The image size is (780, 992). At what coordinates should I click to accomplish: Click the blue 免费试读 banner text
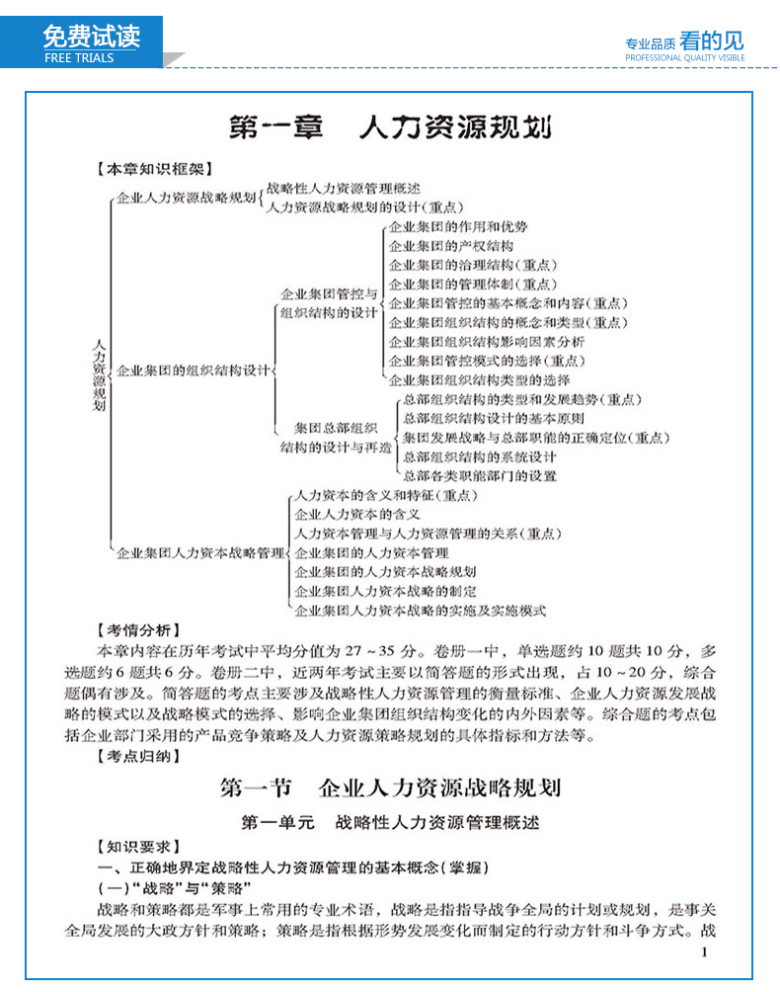[x=92, y=36]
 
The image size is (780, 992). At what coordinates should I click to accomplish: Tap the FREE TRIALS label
[x=79, y=58]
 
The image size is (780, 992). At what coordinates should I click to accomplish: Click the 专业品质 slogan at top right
[x=650, y=43]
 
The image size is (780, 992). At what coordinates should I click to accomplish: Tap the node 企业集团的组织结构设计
[x=194, y=371]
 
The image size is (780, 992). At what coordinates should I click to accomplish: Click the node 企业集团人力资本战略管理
[x=200, y=552]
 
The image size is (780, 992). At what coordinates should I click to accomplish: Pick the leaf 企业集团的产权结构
[x=451, y=245]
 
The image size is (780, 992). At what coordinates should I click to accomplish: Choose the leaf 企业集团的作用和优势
[x=458, y=226]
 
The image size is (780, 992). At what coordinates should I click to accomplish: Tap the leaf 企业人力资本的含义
[x=357, y=514]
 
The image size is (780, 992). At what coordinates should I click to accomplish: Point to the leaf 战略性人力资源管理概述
[x=344, y=188]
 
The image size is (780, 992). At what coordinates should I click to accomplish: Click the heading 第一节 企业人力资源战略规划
[x=390, y=787]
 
